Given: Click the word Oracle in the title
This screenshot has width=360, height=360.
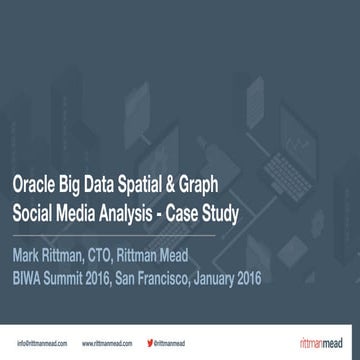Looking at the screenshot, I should pos(32,186).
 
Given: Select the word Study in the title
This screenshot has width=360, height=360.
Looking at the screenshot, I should pos(246,214).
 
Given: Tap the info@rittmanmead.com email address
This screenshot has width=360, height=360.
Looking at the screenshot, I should pos(42,343).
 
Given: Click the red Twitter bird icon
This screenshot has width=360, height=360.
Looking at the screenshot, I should pos(150,343).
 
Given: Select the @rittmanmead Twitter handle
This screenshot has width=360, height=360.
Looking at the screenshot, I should pos(171,343).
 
